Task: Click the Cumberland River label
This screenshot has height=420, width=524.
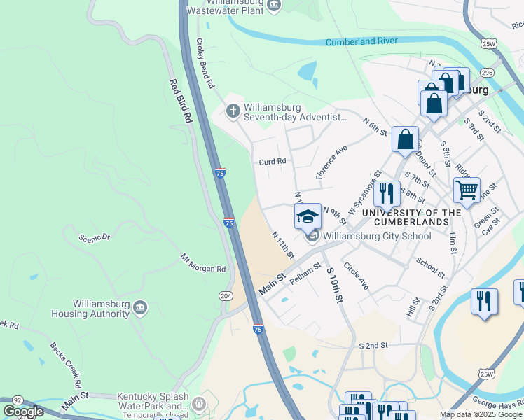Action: coord(361,42)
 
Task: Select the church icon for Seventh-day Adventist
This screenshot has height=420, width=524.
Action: coord(233,111)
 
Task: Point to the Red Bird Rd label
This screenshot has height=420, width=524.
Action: coord(179,101)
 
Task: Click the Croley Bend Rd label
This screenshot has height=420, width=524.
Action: coord(205,63)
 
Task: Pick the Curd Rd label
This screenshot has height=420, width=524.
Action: coord(273,161)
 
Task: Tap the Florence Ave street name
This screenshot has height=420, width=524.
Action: coord(332,162)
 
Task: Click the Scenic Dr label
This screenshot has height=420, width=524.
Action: coord(95,237)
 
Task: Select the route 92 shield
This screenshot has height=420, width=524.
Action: coord(18,399)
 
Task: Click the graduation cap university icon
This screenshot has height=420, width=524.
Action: coord(308,216)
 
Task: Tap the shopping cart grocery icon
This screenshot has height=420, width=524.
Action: coord(466,189)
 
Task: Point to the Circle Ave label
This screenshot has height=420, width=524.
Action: coord(356,276)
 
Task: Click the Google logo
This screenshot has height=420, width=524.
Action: coord(24,412)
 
